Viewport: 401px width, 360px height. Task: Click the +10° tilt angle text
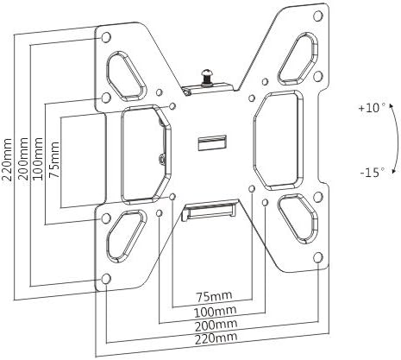pos(372,110)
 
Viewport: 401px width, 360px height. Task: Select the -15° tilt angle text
pos(372,172)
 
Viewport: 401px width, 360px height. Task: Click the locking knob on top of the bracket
pos(207,78)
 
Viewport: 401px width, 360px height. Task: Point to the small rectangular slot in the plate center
pos(212,140)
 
